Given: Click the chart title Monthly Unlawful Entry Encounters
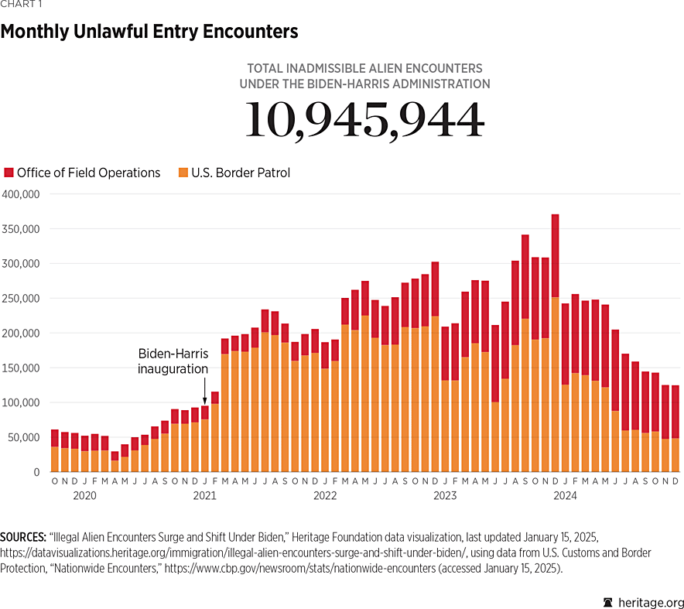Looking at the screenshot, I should point(149,32).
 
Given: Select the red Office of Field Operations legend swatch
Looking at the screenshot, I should point(9,173).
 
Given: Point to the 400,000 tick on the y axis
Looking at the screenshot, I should point(21,194).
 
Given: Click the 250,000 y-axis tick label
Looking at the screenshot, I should point(21,299).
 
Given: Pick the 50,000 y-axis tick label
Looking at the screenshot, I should point(23,437).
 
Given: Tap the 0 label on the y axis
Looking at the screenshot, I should point(36,472).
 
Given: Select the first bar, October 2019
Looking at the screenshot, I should point(55,450).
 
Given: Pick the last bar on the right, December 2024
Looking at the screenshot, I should point(675,429).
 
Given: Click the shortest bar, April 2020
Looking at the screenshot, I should point(115,462).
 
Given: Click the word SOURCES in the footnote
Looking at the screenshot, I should point(22,536).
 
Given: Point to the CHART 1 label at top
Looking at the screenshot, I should point(20,5).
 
